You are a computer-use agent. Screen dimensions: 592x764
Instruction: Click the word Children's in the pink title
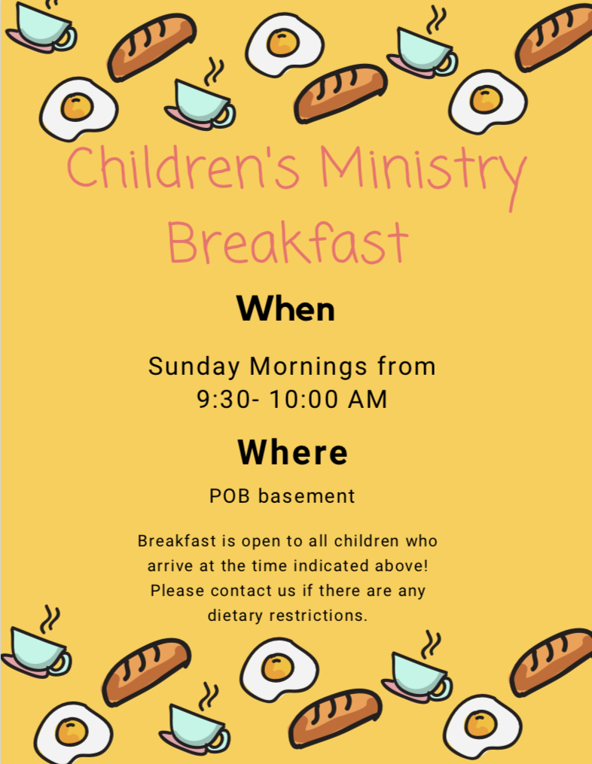click(x=182, y=167)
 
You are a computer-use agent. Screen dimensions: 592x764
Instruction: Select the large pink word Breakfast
click(x=288, y=242)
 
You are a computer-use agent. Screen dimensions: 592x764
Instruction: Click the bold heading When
click(x=285, y=309)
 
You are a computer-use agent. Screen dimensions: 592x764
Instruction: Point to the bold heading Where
click(x=292, y=452)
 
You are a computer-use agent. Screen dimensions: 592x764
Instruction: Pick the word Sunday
click(x=194, y=367)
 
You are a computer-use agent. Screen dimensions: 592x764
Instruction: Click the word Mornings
click(x=308, y=367)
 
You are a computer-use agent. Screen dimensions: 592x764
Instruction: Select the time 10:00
click(x=304, y=399)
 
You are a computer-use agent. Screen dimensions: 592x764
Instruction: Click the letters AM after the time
click(x=368, y=399)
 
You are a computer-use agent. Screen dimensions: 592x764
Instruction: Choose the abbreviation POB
click(x=230, y=496)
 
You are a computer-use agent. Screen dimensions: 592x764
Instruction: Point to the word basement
click(x=307, y=496)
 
